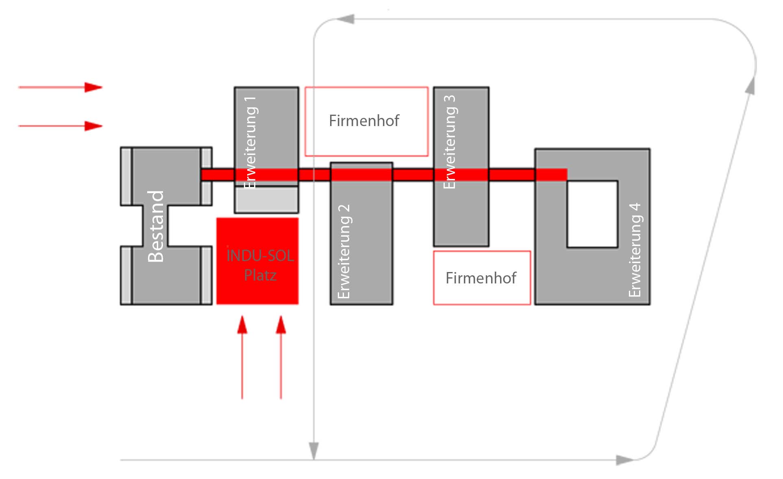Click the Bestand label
[156, 226]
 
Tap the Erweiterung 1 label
[250, 142]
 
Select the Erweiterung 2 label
[344, 251]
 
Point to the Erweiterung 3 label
[449, 142]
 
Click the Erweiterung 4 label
[635, 250]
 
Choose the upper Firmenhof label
[364, 121]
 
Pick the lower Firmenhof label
[481, 278]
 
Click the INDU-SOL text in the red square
[260, 256]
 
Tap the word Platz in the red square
[260, 275]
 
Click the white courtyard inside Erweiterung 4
[592, 214]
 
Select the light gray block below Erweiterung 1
[266, 199]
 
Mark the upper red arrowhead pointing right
[94, 87]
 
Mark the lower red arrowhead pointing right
[94, 126]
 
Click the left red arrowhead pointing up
[242, 325]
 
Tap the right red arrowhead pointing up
[281, 325]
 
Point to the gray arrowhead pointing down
[313, 451]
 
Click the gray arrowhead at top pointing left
[346, 19]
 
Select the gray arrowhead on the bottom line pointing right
[624, 460]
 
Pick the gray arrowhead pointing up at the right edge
[750, 86]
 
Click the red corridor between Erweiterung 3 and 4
[511, 174]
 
